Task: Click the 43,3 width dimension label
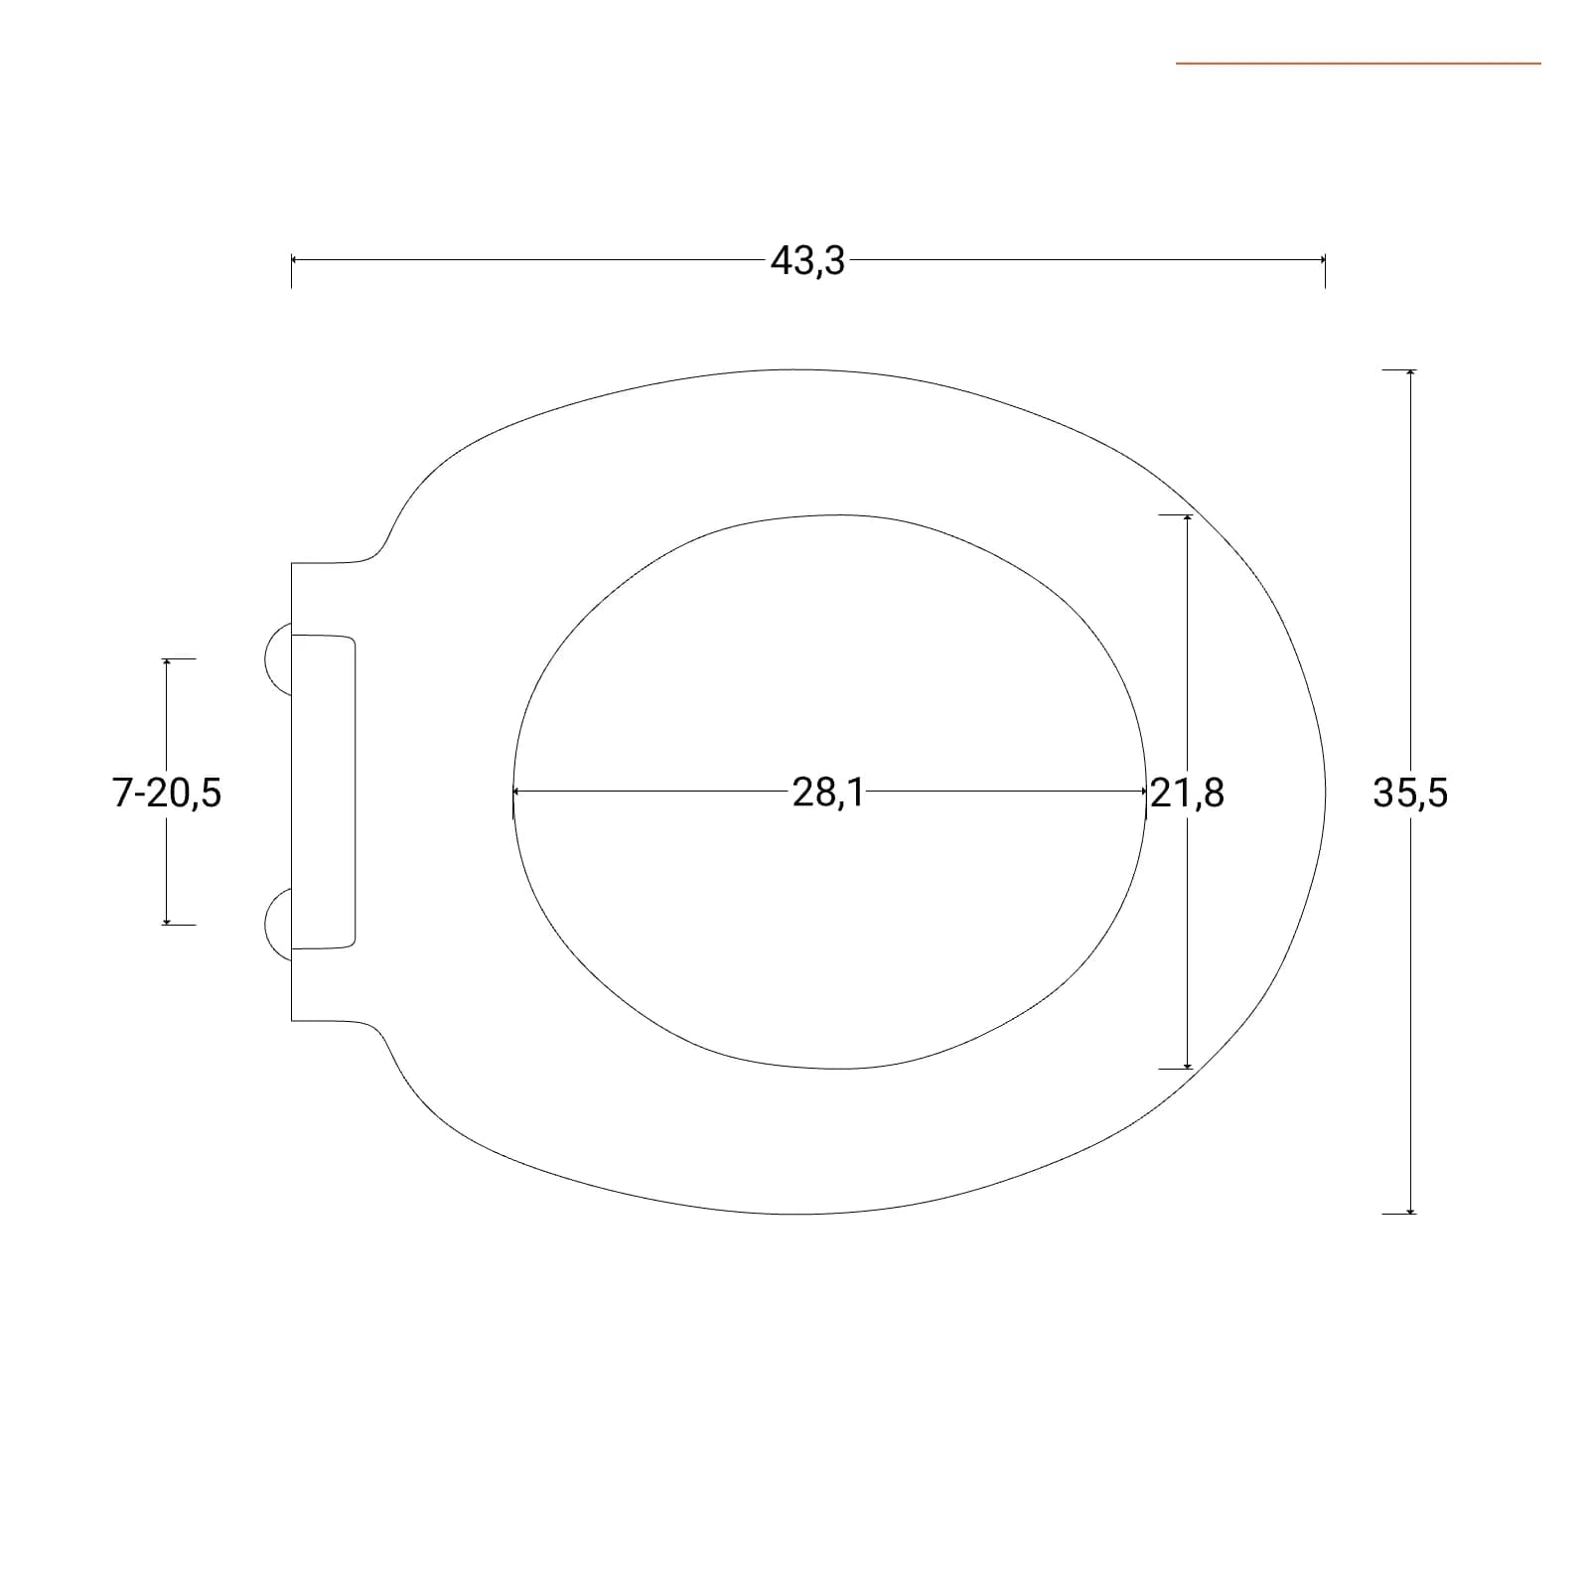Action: tap(807, 261)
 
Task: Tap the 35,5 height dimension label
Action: tap(1410, 794)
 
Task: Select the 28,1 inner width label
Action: tap(828, 794)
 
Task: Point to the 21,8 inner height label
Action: tap(1188, 794)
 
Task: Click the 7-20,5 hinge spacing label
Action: tap(167, 794)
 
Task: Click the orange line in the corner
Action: tap(1359, 64)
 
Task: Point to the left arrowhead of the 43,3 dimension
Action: tap(295, 259)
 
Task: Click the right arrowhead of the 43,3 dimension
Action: tap(1322, 259)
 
